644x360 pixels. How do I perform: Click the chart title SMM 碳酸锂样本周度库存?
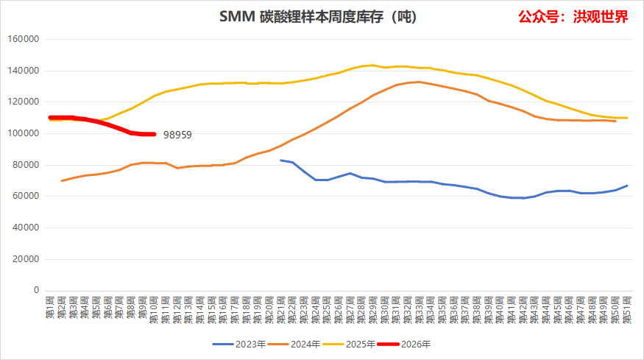click(318, 16)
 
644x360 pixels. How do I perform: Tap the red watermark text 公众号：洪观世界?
click(573, 16)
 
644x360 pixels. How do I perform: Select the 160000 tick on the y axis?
click(24, 40)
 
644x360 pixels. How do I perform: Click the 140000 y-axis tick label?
click(24, 71)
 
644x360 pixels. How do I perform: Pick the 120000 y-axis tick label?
click(24, 102)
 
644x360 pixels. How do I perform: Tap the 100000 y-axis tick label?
click(24, 134)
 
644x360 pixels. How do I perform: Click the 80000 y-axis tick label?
click(26, 165)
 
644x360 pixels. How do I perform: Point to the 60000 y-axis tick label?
click(26, 197)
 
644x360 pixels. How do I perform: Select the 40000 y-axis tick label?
click(26, 227)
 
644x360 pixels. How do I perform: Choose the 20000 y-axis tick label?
click(26, 259)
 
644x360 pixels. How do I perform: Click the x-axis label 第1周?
click(51, 307)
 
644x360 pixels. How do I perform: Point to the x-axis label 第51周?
click(627, 308)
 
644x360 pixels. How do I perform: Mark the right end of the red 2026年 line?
click(153, 134)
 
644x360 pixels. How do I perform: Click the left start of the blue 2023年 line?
click(281, 160)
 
